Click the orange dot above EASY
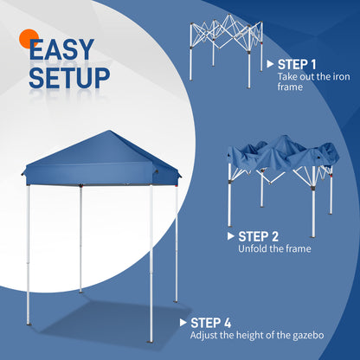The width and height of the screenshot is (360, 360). (27, 38)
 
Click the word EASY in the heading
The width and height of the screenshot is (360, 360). (66, 51)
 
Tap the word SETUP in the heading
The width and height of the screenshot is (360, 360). (69, 77)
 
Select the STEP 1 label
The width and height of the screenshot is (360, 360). (297, 64)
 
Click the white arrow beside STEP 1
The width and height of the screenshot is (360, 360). (271, 64)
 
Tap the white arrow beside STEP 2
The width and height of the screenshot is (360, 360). (231, 235)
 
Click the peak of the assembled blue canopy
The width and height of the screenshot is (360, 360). (111, 133)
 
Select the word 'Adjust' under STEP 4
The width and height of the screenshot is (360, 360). (204, 336)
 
